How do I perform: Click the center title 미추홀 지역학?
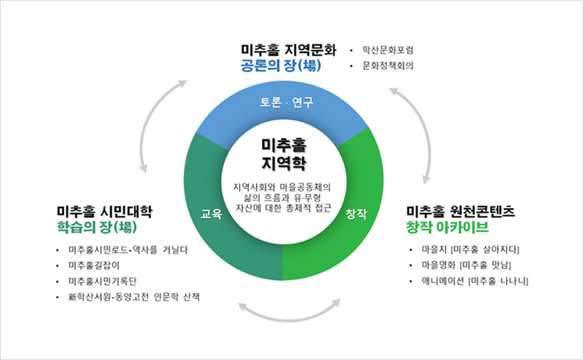click(x=284, y=154)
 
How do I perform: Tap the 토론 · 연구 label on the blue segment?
click(x=286, y=102)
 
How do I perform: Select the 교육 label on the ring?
click(x=211, y=214)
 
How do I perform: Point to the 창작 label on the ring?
click(x=356, y=214)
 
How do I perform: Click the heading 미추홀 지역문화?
click(x=289, y=50)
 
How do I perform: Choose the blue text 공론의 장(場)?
click(x=281, y=66)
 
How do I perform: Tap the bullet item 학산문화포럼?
click(x=388, y=50)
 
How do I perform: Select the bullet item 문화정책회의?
click(x=388, y=66)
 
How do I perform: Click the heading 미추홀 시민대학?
click(x=105, y=211)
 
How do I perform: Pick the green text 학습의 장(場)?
click(x=97, y=227)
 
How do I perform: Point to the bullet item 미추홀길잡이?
click(x=94, y=265)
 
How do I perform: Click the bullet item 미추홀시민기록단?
click(x=103, y=281)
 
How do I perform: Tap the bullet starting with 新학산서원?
click(x=134, y=297)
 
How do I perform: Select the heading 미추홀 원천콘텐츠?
click(x=460, y=211)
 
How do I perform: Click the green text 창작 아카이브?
click(x=448, y=227)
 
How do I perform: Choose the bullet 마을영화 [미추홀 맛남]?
click(x=466, y=265)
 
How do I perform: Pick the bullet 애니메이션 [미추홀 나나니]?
click(x=475, y=281)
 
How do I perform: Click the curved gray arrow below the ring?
click(x=290, y=319)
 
